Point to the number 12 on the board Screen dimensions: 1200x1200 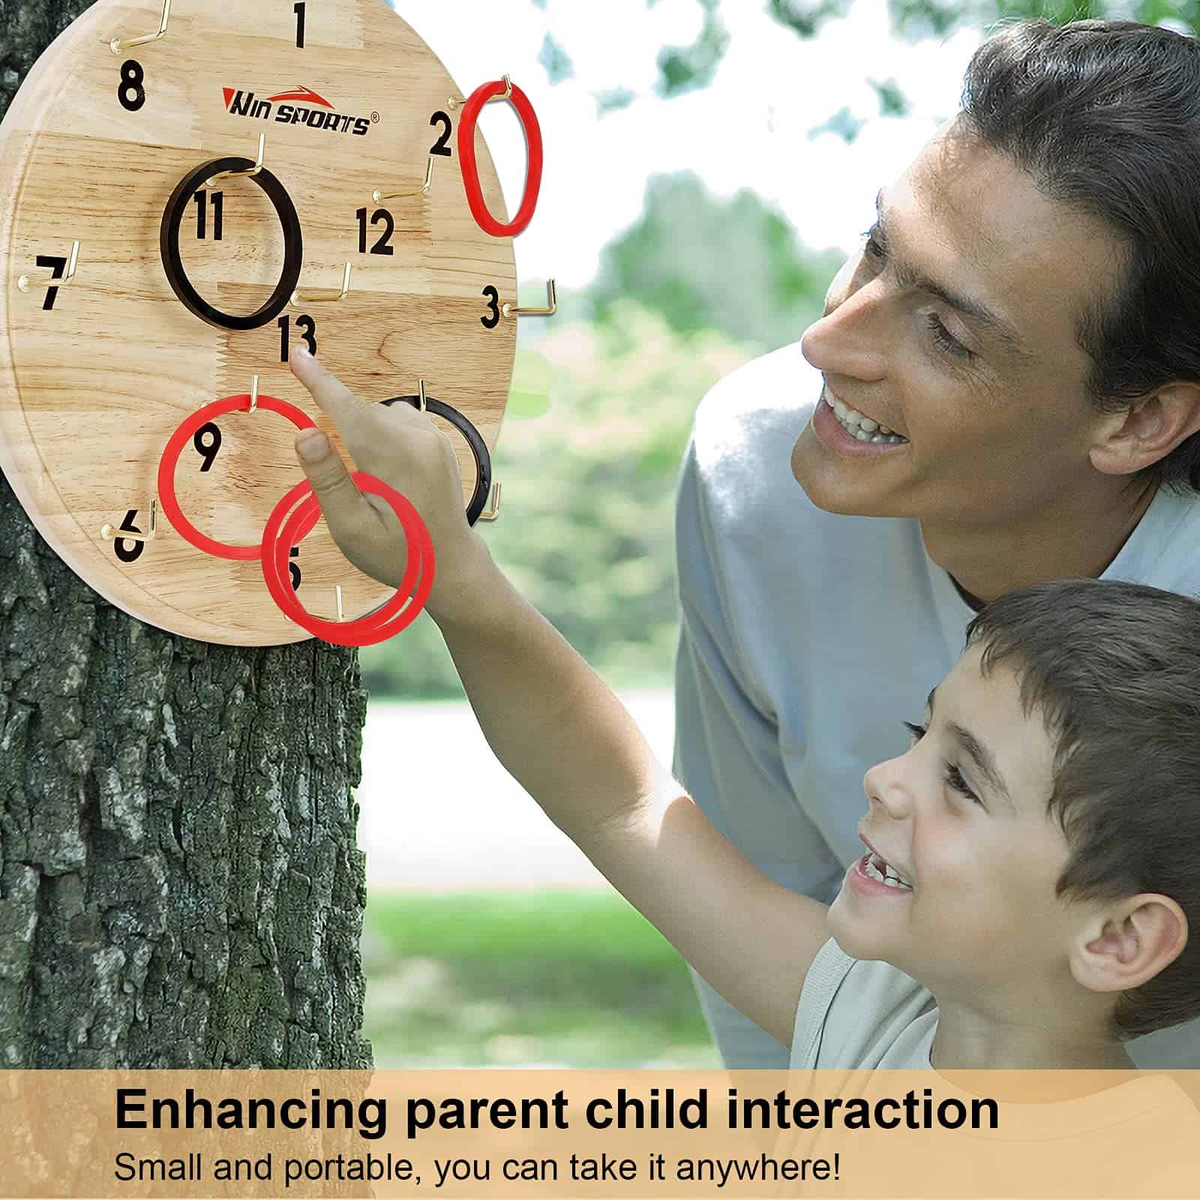[374, 231]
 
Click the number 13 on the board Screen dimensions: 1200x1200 [296, 339]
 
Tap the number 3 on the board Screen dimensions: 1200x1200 [490, 306]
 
